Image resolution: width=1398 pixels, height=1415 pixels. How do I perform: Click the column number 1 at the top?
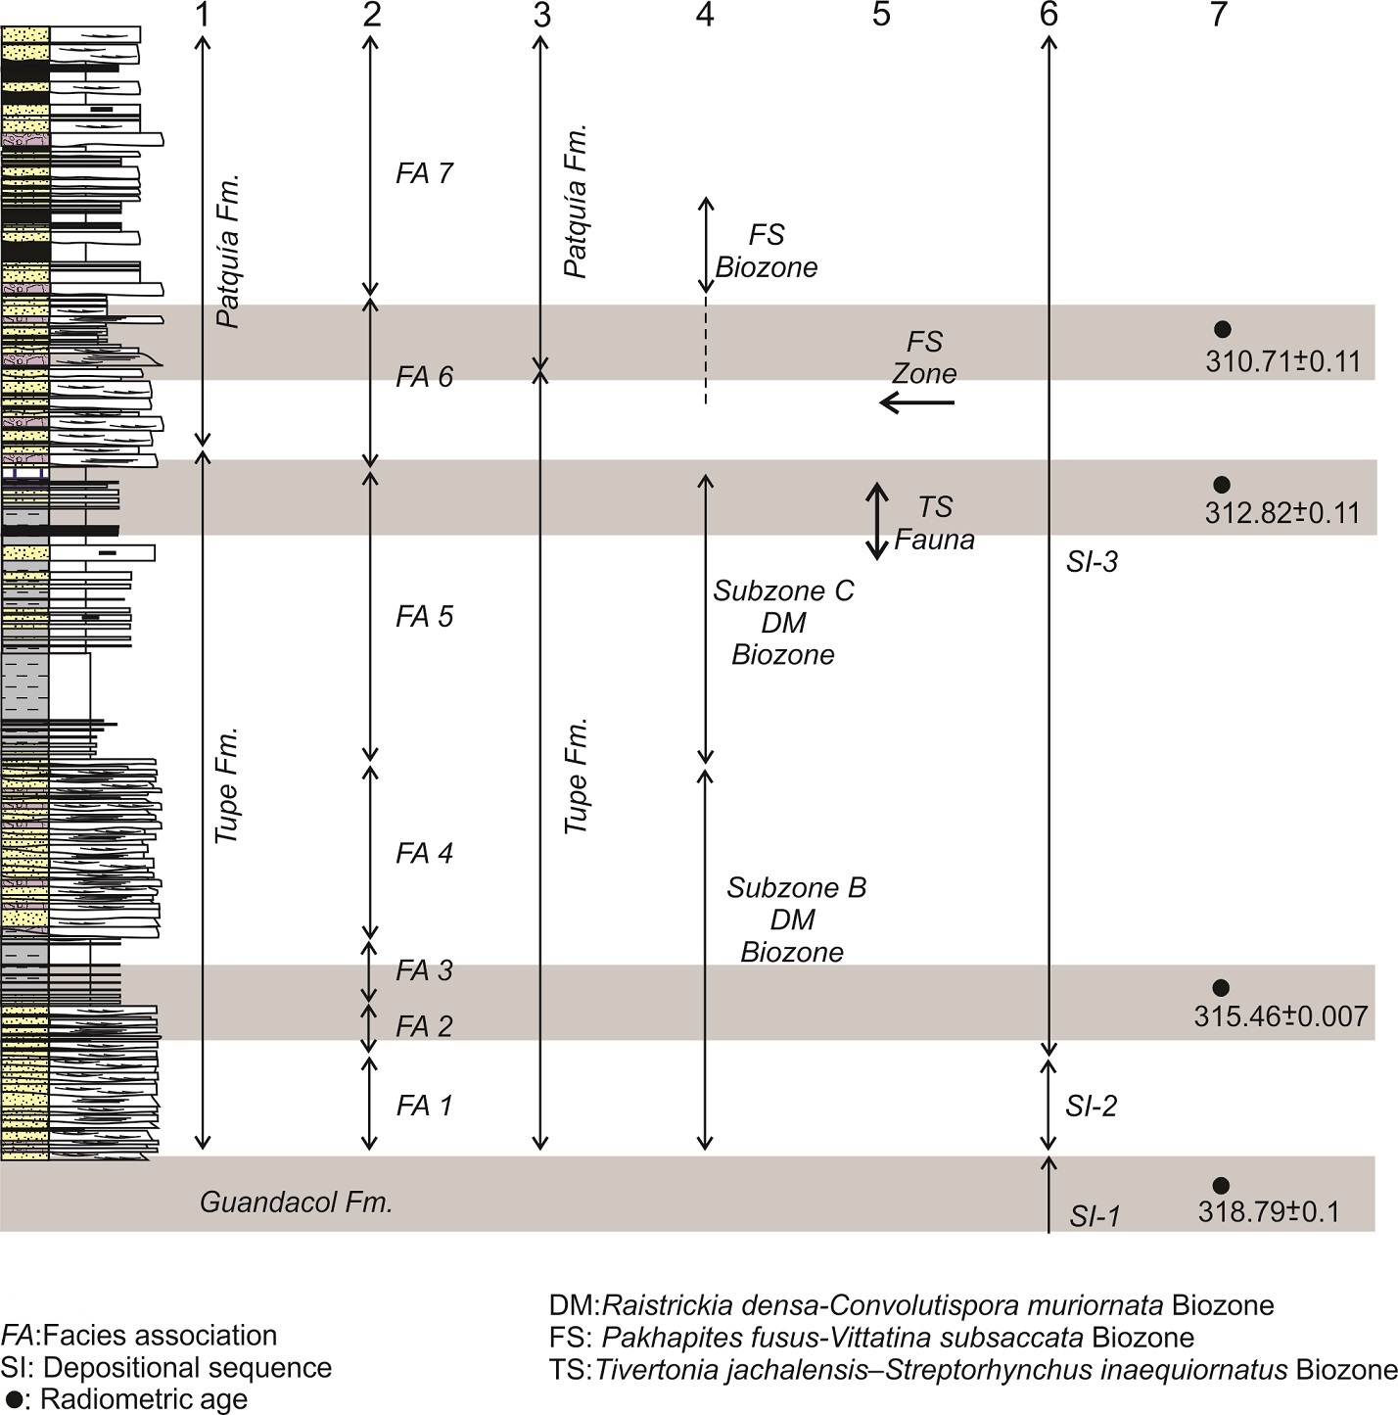pos(203,15)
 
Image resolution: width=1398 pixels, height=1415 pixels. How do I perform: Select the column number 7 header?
pos(1218,15)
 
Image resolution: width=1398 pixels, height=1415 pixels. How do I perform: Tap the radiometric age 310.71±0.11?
pos(1282,361)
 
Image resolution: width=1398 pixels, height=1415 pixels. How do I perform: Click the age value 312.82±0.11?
pos(1282,513)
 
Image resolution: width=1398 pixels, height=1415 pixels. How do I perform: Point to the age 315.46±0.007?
pos(1281,1016)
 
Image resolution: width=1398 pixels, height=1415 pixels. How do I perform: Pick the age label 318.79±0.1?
pos(1268,1212)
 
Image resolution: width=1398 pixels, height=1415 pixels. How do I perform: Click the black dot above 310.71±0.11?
pos(1221,330)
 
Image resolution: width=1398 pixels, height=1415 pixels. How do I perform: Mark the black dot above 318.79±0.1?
pos(1221,1186)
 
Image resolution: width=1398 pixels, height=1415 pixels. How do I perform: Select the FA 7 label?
pos(424,173)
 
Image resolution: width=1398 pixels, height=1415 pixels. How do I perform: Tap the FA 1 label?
pos(424,1106)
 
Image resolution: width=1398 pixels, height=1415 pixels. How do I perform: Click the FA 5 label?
pos(424,616)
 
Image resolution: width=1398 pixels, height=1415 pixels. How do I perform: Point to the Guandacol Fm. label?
pos(296,1203)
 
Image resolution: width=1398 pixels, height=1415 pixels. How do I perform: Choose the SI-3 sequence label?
pos(1092,562)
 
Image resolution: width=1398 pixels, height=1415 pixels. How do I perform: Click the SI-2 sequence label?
pos(1091,1107)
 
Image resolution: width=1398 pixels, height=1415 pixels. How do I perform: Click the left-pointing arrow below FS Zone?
pos(916,402)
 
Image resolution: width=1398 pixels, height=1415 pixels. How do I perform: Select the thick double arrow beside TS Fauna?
pos(878,520)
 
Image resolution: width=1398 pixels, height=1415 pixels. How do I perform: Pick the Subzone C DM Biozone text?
pos(783,623)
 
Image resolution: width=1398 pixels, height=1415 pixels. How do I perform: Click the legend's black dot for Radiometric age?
pos(14,1398)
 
